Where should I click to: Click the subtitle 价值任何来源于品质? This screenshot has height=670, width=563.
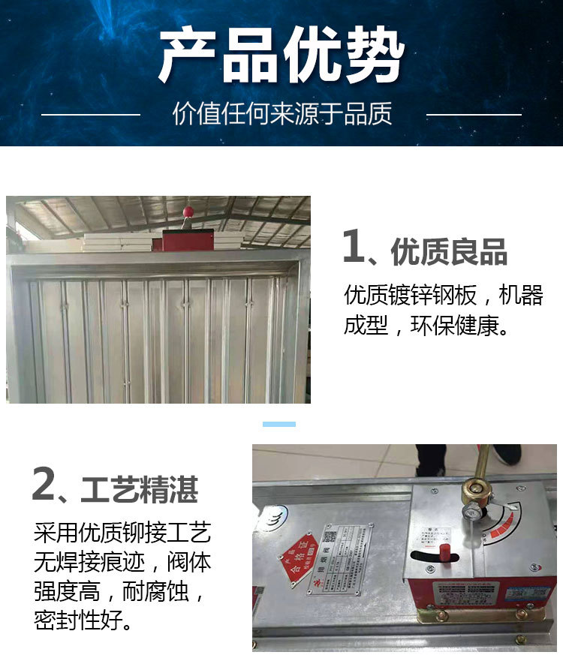click(281, 114)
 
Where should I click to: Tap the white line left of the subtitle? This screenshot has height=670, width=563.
click(91, 115)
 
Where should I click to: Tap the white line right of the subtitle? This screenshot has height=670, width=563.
click(474, 115)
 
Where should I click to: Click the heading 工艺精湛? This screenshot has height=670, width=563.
click(139, 489)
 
